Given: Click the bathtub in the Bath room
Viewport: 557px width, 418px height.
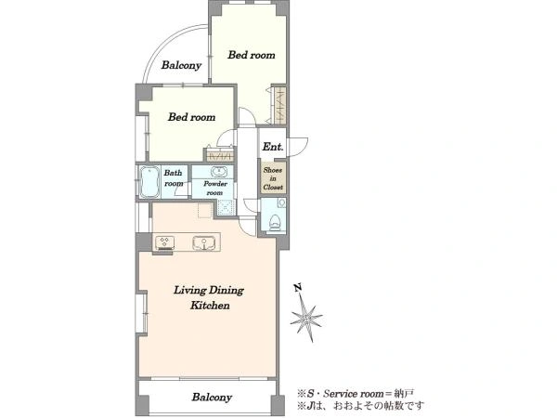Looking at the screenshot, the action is (x=149, y=182).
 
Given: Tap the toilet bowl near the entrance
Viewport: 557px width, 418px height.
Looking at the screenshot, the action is (x=275, y=223).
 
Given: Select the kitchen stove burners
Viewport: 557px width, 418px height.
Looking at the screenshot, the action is (x=164, y=242).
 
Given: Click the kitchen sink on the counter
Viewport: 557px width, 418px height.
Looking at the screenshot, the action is (x=204, y=242).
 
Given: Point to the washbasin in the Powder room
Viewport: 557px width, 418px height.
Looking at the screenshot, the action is (x=218, y=173).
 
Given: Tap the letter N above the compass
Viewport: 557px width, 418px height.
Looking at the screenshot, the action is (x=298, y=288).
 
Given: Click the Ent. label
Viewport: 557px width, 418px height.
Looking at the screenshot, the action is (x=273, y=147).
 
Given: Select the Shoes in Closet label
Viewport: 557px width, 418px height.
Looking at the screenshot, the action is (x=273, y=178).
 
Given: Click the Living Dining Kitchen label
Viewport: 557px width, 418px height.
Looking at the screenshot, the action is (x=209, y=298).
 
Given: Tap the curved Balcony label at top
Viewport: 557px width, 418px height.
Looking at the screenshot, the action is (x=181, y=65).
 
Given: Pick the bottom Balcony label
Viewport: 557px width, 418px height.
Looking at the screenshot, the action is (x=212, y=397).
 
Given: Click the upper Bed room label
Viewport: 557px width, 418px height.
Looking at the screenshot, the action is (x=252, y=55).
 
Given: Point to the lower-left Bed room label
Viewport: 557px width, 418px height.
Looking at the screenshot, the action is (x=192, y=117).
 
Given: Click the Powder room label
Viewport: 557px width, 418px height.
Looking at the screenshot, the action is (x=215, y=189).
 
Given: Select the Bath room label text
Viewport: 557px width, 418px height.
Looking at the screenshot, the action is (x=174, y=178).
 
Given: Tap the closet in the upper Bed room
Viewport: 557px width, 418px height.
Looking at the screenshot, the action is (x=280, y=105).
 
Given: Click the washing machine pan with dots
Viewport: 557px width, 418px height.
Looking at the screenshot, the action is (x=226, y=207).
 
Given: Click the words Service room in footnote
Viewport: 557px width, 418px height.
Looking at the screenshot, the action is (x=354, y=394).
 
